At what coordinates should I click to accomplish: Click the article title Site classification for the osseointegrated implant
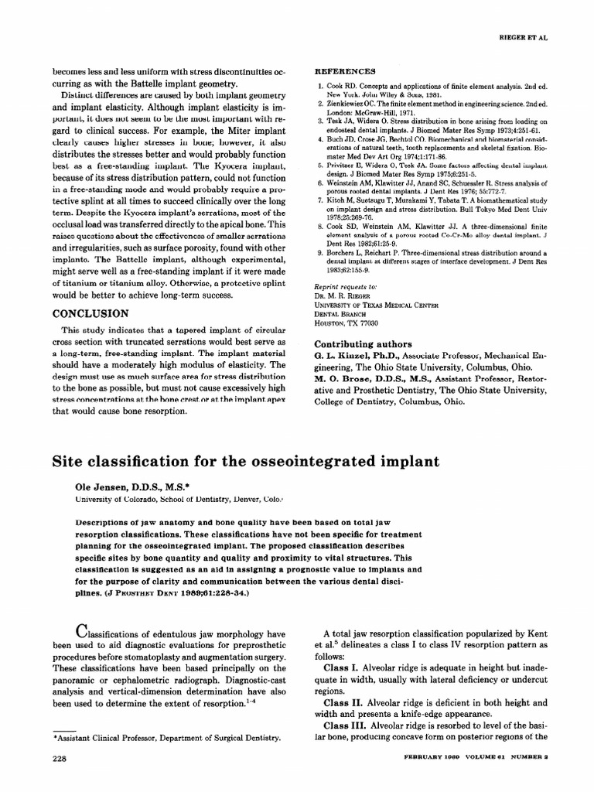point(245,463)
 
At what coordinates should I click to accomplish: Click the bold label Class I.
point(341,666)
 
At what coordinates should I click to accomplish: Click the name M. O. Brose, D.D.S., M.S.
point(377,381)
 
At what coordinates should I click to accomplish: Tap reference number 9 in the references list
point(320,252)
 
